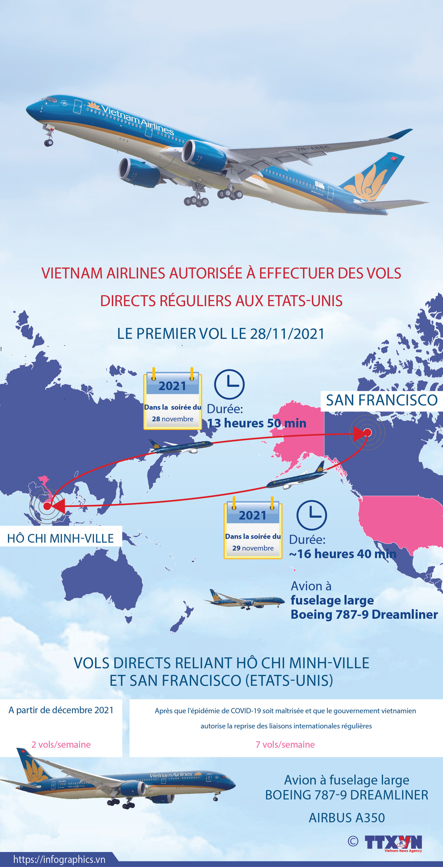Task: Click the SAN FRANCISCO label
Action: (x=382, y=400)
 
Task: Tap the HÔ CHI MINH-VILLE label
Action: (x=61, y=538)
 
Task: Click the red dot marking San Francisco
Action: (x=367, y=432)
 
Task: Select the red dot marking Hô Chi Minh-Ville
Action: (x=47, y=506)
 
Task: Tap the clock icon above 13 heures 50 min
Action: (x=229, y=384)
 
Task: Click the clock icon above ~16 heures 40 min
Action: (x=311, y=515)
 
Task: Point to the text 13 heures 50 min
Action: (x=257, y=423)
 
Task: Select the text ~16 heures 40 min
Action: (x=342, y=554)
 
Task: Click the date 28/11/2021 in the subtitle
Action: (x=287, y=334)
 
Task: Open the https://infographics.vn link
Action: (x=59, y=860)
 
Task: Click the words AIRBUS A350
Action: (x=347, y=818)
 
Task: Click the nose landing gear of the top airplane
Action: (x=49, y=138)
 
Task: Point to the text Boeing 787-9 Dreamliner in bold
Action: (x=364, y=615)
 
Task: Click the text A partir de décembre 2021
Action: (x=61, y=710)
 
